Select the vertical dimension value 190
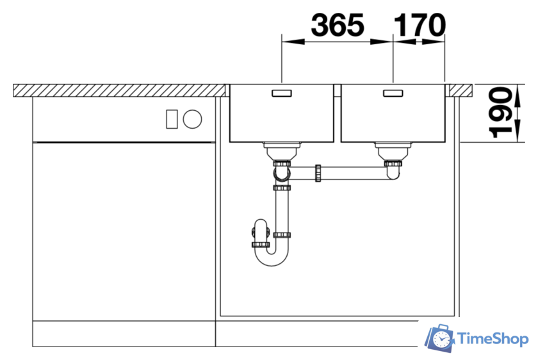pyautogui.click(x=502, y=113)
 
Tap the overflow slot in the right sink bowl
pyautogui.click(x=393, y=94)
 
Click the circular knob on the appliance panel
pyautogui.click(x=193, y=119)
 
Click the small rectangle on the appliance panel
pyautogui.click(x=171, y=119)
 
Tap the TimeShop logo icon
pyautogui.click(x=441, y=338)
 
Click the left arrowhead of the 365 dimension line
pyautogui.click(x=287, y=42)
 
